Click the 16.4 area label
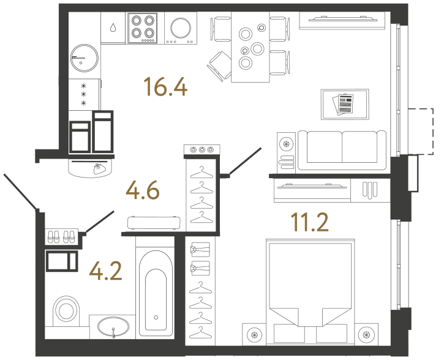pos(164,88)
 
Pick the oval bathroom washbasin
pos(113,326)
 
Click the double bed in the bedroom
pos(309,288)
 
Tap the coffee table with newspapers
pos(345,104)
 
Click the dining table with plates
pos(251,48)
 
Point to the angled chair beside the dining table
pos(219,62)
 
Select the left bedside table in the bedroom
pos(254,334)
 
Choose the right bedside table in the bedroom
pos(366,334)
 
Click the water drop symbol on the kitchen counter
pos(113,28)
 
